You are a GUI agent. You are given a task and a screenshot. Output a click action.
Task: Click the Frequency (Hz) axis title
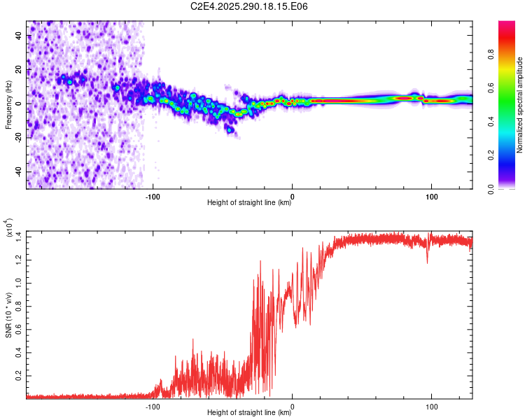(x=8, y=105)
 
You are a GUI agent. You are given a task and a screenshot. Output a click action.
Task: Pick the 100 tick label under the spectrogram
(x=432, y=195)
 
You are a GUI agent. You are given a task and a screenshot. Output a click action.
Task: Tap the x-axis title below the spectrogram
(x=250, y=203)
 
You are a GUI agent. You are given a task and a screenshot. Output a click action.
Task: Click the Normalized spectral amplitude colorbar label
(x=520, y=105)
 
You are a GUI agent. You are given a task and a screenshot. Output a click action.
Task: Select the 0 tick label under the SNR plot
(x=292, y=405)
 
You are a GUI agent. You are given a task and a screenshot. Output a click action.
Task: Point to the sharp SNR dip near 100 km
(x=427, y=262)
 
